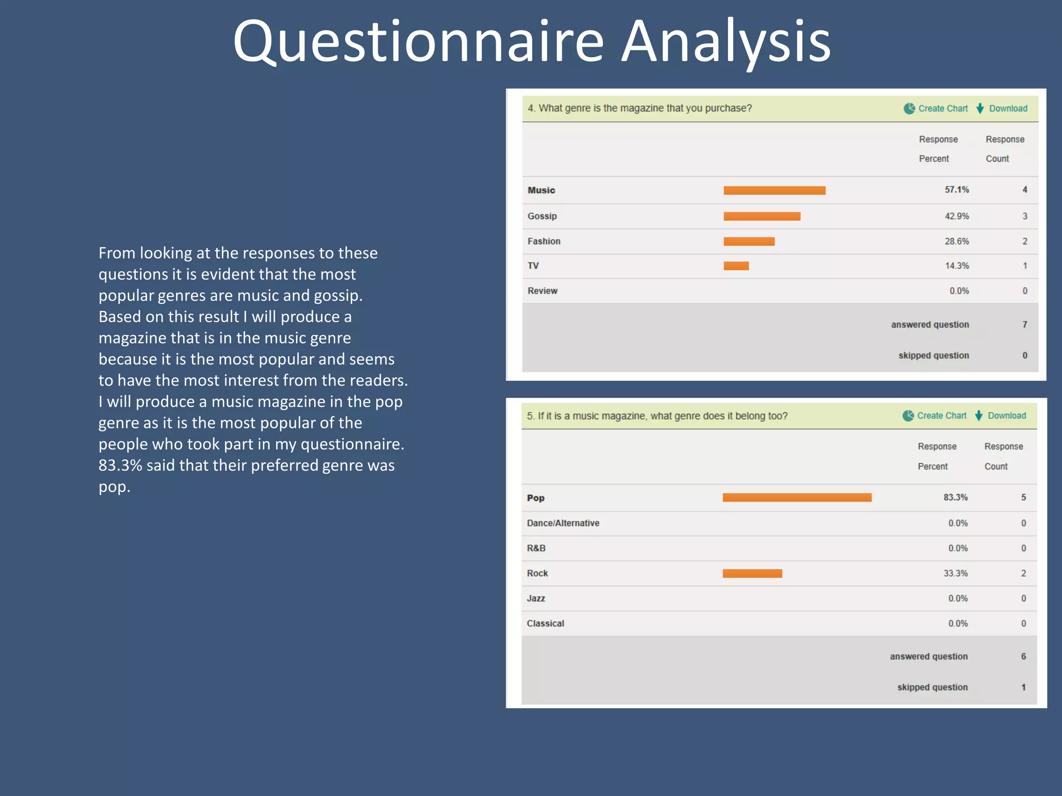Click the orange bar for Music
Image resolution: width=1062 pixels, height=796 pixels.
pos(774,190)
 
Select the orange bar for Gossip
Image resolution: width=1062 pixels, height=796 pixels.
pos(762,216)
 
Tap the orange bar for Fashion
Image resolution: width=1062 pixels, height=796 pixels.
pos(749,241)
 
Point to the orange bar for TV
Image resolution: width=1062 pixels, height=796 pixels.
pos(736,266)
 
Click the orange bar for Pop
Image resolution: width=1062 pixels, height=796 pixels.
pos(796,497)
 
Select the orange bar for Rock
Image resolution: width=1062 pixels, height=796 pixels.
pos(752,573)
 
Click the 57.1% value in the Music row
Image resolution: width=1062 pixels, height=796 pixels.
pos(956,190)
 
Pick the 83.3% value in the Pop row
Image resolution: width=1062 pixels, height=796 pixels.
pos(955,497)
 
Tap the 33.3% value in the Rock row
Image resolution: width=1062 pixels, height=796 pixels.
pos(955,573)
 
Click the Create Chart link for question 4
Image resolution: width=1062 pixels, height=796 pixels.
pos(943,108)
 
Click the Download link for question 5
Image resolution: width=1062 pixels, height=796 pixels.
pos(1007,416)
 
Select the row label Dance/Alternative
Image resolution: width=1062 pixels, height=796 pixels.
pos(563,523)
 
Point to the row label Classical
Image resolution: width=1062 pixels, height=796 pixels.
pos(545,623)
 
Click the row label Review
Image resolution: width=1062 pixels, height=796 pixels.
pos(542,291)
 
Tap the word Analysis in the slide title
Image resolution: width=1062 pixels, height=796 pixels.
pos(726,41)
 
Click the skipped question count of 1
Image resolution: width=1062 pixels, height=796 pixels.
pos(1023,687)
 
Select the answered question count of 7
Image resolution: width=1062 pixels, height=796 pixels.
pos(1025,324)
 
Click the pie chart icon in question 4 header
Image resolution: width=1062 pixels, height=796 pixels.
pos(909,108)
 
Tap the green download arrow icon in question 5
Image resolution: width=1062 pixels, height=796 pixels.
pos(979,416)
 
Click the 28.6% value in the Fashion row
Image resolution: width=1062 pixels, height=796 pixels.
pos(956,241)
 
